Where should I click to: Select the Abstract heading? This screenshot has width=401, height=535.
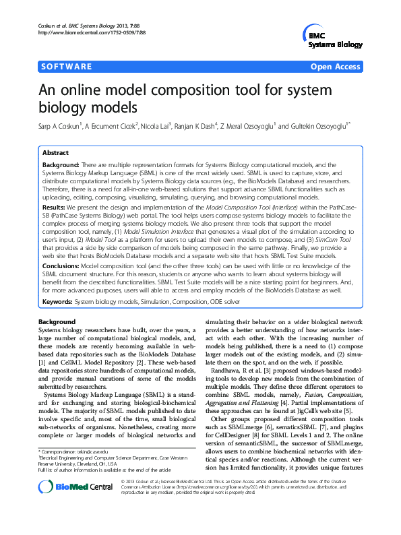(x=55, y=153)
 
